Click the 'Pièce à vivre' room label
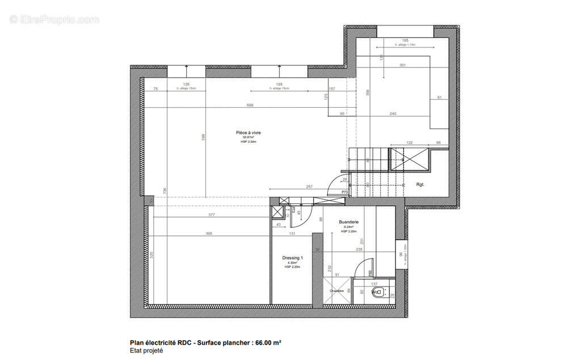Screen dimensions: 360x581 (249, 133)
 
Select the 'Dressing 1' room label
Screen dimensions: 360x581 (293, 258)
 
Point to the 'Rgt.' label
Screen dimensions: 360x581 (420, 184)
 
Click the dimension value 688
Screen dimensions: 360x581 (250, 105)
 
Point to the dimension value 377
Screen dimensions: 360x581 (211, 215)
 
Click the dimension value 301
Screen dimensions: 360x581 (402, 65)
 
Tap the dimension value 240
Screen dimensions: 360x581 (393, 114)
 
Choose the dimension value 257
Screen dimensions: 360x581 (310, 186)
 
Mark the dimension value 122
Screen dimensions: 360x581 (410, 143)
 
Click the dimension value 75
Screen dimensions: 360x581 (155, 89)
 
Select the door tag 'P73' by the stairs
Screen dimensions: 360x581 (344, 193)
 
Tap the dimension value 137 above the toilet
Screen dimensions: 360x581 (373, 283)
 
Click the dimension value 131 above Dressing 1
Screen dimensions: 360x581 (293, 234)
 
